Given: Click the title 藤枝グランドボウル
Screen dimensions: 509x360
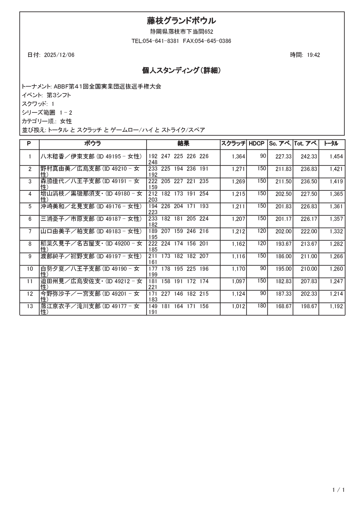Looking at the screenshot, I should click(181, 21).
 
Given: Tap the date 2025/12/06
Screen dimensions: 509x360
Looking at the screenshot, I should click(59, 55).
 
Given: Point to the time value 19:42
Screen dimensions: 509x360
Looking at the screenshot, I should click(313, 55).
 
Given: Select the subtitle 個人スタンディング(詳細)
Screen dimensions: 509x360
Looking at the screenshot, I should click(181, 71).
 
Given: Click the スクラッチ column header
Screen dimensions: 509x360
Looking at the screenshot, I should click(233, 144).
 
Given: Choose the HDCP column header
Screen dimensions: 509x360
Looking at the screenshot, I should click(257, 144).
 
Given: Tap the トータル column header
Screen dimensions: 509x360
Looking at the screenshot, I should click(331, 144).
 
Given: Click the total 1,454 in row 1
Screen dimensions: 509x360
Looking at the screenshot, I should click(336, 157).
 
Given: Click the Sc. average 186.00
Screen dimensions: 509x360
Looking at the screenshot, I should click(283, 257).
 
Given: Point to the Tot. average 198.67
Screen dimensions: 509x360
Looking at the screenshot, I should click(309, 306).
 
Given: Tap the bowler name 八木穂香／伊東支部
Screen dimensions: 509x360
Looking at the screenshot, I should click(67, 156).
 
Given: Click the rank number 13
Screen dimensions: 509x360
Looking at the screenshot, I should click(30, 306).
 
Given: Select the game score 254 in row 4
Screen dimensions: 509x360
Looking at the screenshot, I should click(204, 194).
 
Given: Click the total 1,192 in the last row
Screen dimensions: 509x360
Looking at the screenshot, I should click(336, 306).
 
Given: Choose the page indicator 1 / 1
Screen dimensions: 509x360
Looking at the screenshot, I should click(339, 490).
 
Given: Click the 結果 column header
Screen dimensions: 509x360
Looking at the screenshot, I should click(183, 144).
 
